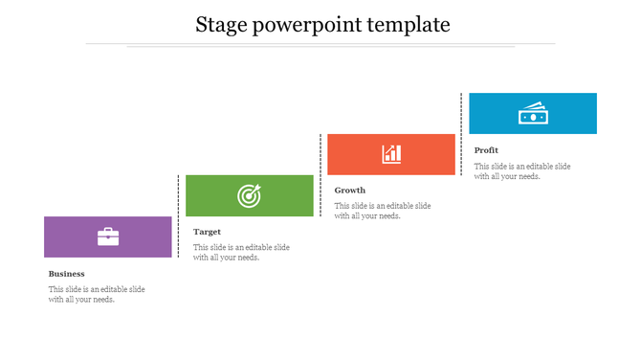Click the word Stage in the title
pos(220,25)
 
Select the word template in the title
pos(410,25)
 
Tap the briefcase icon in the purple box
pos(108,236)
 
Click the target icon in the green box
pos(249,195)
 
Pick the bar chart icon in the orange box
pos(391,154)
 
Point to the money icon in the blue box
pos(532,113)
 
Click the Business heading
pos(67,274)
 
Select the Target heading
pos(207,232)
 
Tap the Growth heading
pos(350,191)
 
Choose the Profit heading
pos(486,150)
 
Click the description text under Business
pos(97,294)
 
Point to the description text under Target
pos(241,252)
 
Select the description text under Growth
pos(383,211)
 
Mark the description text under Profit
pos(522,170)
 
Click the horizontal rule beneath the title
pos(320,44)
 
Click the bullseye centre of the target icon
pos(248,197)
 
